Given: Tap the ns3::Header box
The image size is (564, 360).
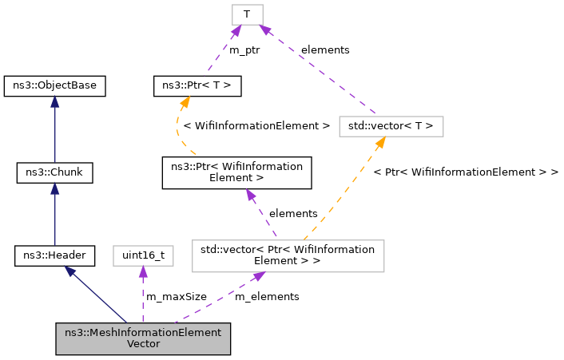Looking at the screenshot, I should (x=54, y=255).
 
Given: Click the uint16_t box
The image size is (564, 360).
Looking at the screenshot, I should (x=142, y=255).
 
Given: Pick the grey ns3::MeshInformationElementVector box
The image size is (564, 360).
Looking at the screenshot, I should (x=143, y=338).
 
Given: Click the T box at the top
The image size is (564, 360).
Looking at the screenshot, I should (x=247, y=14).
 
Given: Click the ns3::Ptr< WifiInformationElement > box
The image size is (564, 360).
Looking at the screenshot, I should (x=236, y=172).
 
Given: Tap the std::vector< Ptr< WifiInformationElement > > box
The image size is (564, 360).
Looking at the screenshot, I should (x=288, y=255).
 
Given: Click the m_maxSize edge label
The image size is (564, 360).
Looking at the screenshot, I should (x=176, y=296).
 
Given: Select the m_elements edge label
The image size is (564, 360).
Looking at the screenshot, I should (x=267, y=296).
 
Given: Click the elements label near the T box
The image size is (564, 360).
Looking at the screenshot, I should (x=325, y=49).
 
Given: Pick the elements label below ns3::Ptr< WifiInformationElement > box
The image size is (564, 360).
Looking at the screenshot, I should (x=293, y=213).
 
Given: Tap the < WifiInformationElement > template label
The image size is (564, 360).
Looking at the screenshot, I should (x=256, y=125).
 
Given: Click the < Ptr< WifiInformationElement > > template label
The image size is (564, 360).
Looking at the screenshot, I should (x=466, y=172).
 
